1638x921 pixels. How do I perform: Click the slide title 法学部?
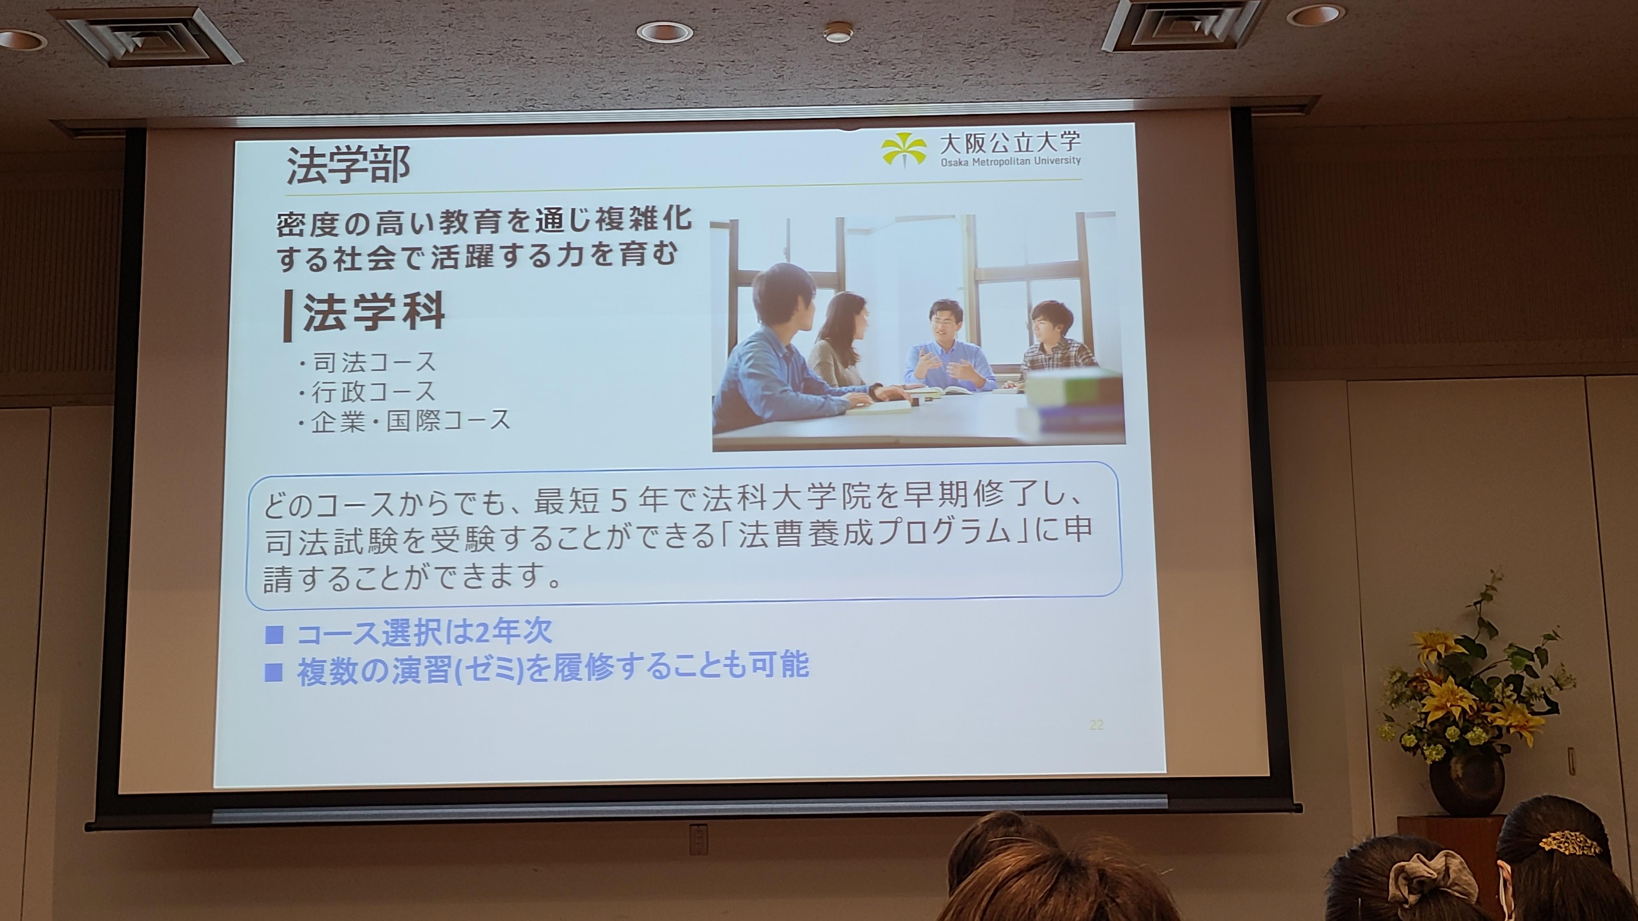click(348, 165)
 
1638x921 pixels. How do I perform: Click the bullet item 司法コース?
click(368, 362)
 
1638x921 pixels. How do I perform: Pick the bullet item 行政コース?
click(368, 391)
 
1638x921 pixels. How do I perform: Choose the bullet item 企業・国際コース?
click(404, 420)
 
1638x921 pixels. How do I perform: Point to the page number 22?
click(1096, 724)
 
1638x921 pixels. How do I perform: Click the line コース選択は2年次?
click(424, 632)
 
